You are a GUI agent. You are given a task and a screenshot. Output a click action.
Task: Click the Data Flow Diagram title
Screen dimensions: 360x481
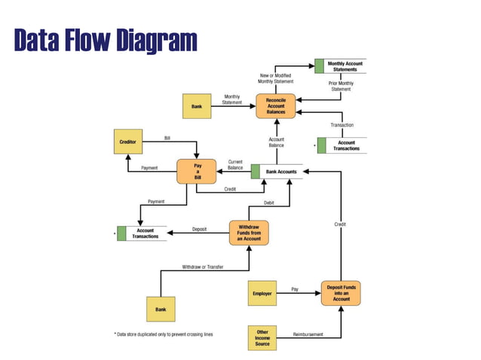point(105,41)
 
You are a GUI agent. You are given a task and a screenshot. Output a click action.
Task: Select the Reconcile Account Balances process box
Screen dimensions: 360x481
point(275,106)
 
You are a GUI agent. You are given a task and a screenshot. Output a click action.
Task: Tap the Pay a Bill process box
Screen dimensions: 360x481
point(196,171)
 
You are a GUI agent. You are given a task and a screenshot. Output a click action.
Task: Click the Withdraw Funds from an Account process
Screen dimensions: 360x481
point(248,233)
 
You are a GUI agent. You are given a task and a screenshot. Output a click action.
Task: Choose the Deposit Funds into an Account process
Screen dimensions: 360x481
point(341,292)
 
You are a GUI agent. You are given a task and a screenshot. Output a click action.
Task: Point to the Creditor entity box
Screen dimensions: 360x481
point(128,142)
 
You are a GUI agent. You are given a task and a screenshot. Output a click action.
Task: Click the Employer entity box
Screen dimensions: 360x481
point(262,293)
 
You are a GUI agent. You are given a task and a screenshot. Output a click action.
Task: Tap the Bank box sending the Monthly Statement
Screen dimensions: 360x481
point(196,106)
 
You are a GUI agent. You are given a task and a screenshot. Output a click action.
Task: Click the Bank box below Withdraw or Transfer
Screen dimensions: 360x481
point(160,309)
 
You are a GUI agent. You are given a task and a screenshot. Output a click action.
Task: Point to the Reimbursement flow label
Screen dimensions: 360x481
point(308,332)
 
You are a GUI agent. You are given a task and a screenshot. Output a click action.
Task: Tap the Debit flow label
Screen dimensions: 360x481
point(268,203)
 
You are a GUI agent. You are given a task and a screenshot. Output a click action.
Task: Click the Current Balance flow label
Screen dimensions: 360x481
point(235,164)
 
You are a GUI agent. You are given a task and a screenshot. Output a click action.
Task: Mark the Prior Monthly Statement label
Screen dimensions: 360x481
point(341,86)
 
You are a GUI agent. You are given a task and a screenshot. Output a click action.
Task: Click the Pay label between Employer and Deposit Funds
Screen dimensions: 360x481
point(295,288)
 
